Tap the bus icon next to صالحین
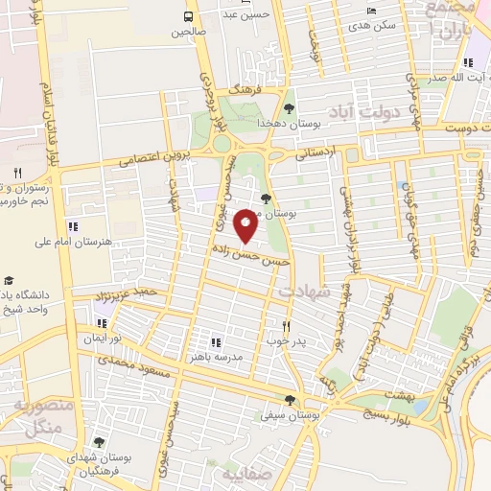[x=188, y=16]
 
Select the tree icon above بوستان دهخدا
[x=290, y=107]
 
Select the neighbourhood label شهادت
[x=304, y=288]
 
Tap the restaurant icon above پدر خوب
[x=286, y=325]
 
